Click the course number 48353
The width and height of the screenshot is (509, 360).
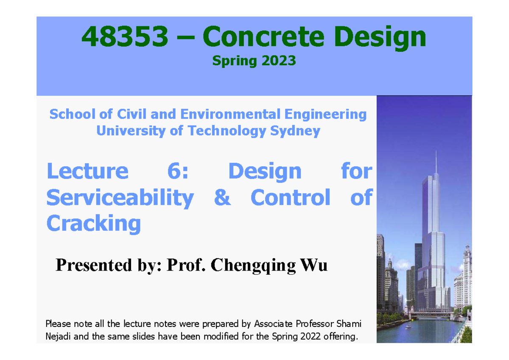tap(125, 37)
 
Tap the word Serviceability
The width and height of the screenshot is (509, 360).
tap(120, 198)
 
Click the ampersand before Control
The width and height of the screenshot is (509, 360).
tap(222, 198)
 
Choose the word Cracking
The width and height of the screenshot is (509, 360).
tap(93, 223)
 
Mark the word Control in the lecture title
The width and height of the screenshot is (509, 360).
tap(291, 198)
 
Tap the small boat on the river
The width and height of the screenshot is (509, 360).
tap(408, 327)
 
